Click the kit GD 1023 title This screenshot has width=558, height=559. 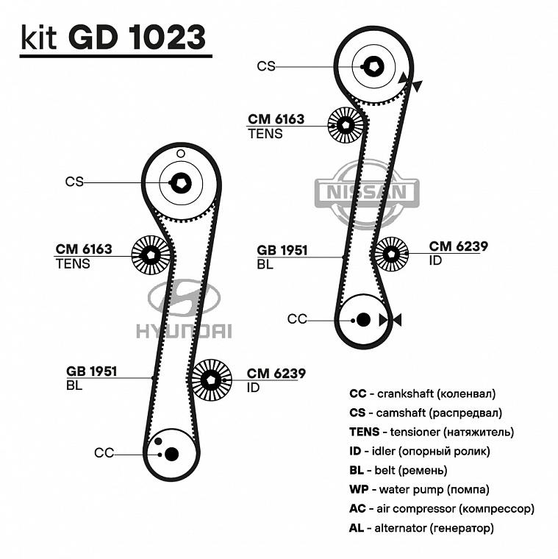113,37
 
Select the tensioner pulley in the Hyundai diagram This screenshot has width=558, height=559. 151,254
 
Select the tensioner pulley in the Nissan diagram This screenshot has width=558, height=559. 346,126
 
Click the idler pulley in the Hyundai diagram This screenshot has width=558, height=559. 211,380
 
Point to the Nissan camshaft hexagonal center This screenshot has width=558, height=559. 373,66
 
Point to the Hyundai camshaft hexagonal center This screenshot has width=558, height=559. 181,183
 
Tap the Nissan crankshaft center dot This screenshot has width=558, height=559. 362,319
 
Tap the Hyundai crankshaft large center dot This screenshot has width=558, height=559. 171,454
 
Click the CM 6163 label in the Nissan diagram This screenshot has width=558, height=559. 276,119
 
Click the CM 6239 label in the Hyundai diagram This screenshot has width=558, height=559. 276,374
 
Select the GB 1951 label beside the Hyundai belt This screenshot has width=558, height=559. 92,371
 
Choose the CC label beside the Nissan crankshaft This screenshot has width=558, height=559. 297,319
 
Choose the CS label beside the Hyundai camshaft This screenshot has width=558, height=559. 74,182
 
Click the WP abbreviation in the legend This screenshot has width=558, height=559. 359,489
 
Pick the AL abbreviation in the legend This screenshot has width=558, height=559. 357,527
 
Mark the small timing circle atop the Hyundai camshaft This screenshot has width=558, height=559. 181,153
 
